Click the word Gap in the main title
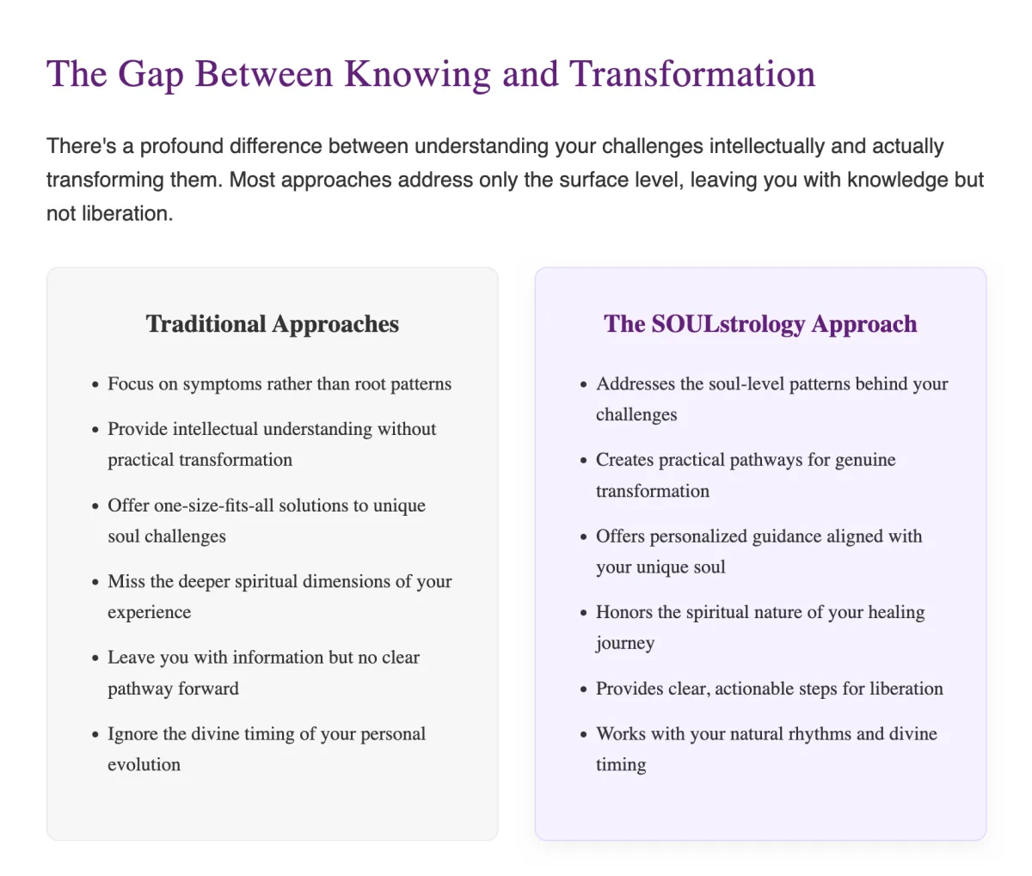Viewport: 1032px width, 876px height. click(x=150, y=75)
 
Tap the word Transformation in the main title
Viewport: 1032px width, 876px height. click(x=692, y=73)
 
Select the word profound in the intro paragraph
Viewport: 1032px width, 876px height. click(x=181, y=147)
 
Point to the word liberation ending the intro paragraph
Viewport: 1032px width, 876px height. click(x=127, y=214)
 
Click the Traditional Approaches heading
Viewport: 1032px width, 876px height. click(x=272, y=323)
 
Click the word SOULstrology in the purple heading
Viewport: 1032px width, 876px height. click(x=728, y=323)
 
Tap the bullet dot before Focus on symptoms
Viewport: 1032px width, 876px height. click(x=95, y=384)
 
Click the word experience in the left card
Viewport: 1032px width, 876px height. click(x=150, y=613)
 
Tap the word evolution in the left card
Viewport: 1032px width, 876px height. click(x=144, y=765)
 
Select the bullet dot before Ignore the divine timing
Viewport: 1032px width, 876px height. click(x=95, y=735)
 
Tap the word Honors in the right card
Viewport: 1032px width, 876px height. click(x=624, y=612)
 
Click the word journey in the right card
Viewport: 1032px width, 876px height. click(x=625, y=644)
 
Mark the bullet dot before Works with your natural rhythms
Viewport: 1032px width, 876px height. click(x=584, y=735)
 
